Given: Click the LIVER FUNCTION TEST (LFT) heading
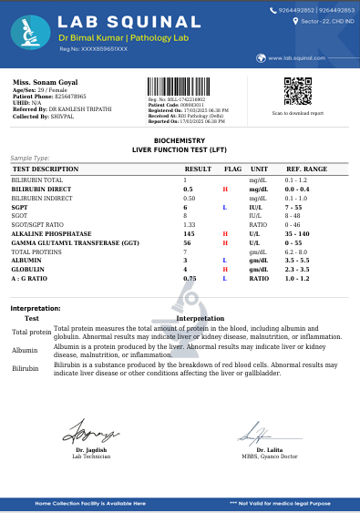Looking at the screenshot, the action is tap(180, 148).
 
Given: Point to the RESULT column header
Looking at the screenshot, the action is tap(198, 169).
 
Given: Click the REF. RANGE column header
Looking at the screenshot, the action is tap(306, 169).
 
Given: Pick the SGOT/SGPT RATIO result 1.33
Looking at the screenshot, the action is tap(190, 225).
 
